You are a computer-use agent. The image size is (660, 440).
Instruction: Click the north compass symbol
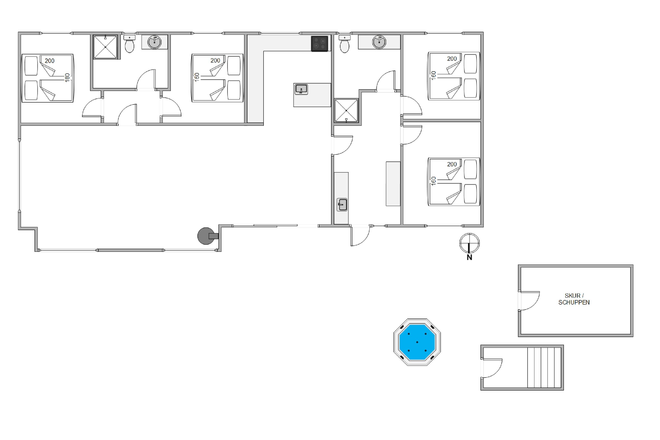click(469, 243)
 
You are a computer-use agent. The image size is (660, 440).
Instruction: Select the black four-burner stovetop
click(319, 44)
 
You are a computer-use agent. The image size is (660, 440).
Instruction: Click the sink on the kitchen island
click(301, 90)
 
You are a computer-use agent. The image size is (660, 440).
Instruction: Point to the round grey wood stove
click(207, 236)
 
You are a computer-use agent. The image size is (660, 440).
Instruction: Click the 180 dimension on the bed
click(67, 78)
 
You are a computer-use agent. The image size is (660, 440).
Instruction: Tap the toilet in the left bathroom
click(129, 44)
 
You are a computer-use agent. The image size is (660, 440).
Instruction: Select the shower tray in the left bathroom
click(105, 47)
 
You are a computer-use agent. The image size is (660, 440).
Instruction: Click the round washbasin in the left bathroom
click(155, 42)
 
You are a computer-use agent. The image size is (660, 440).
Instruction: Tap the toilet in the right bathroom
click(344, 44)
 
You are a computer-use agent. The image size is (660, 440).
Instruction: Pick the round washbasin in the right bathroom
click(379, 42)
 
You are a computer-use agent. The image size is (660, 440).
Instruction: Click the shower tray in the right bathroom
click(346, 111)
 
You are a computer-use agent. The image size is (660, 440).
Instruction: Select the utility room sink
click(342, 205)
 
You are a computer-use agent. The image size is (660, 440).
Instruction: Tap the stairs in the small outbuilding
click(544, 368)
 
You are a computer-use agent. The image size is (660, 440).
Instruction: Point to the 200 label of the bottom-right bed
click(452, 164)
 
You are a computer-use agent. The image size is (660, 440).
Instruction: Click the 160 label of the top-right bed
click(434, 75)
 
